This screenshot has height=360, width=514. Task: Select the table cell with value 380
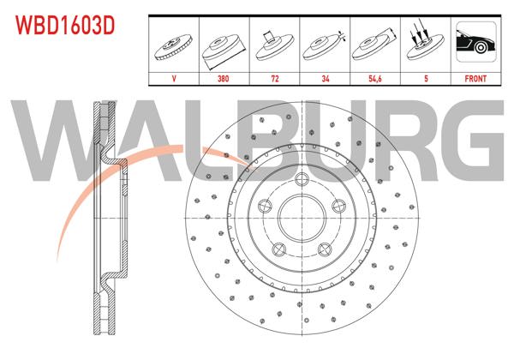pos(224,77)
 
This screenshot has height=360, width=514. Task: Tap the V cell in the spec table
pos(175,77)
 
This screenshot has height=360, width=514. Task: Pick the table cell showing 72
pos(274,77)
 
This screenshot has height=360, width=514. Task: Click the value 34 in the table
pos(325,77)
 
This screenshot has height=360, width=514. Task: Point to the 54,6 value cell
pos(374,77)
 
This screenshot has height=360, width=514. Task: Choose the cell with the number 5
pos(425,77)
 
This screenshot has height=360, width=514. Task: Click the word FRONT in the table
pos(475,77)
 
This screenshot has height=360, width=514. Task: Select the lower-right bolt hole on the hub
pos(326,249)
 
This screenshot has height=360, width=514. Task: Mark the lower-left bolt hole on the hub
pos(278,249)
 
